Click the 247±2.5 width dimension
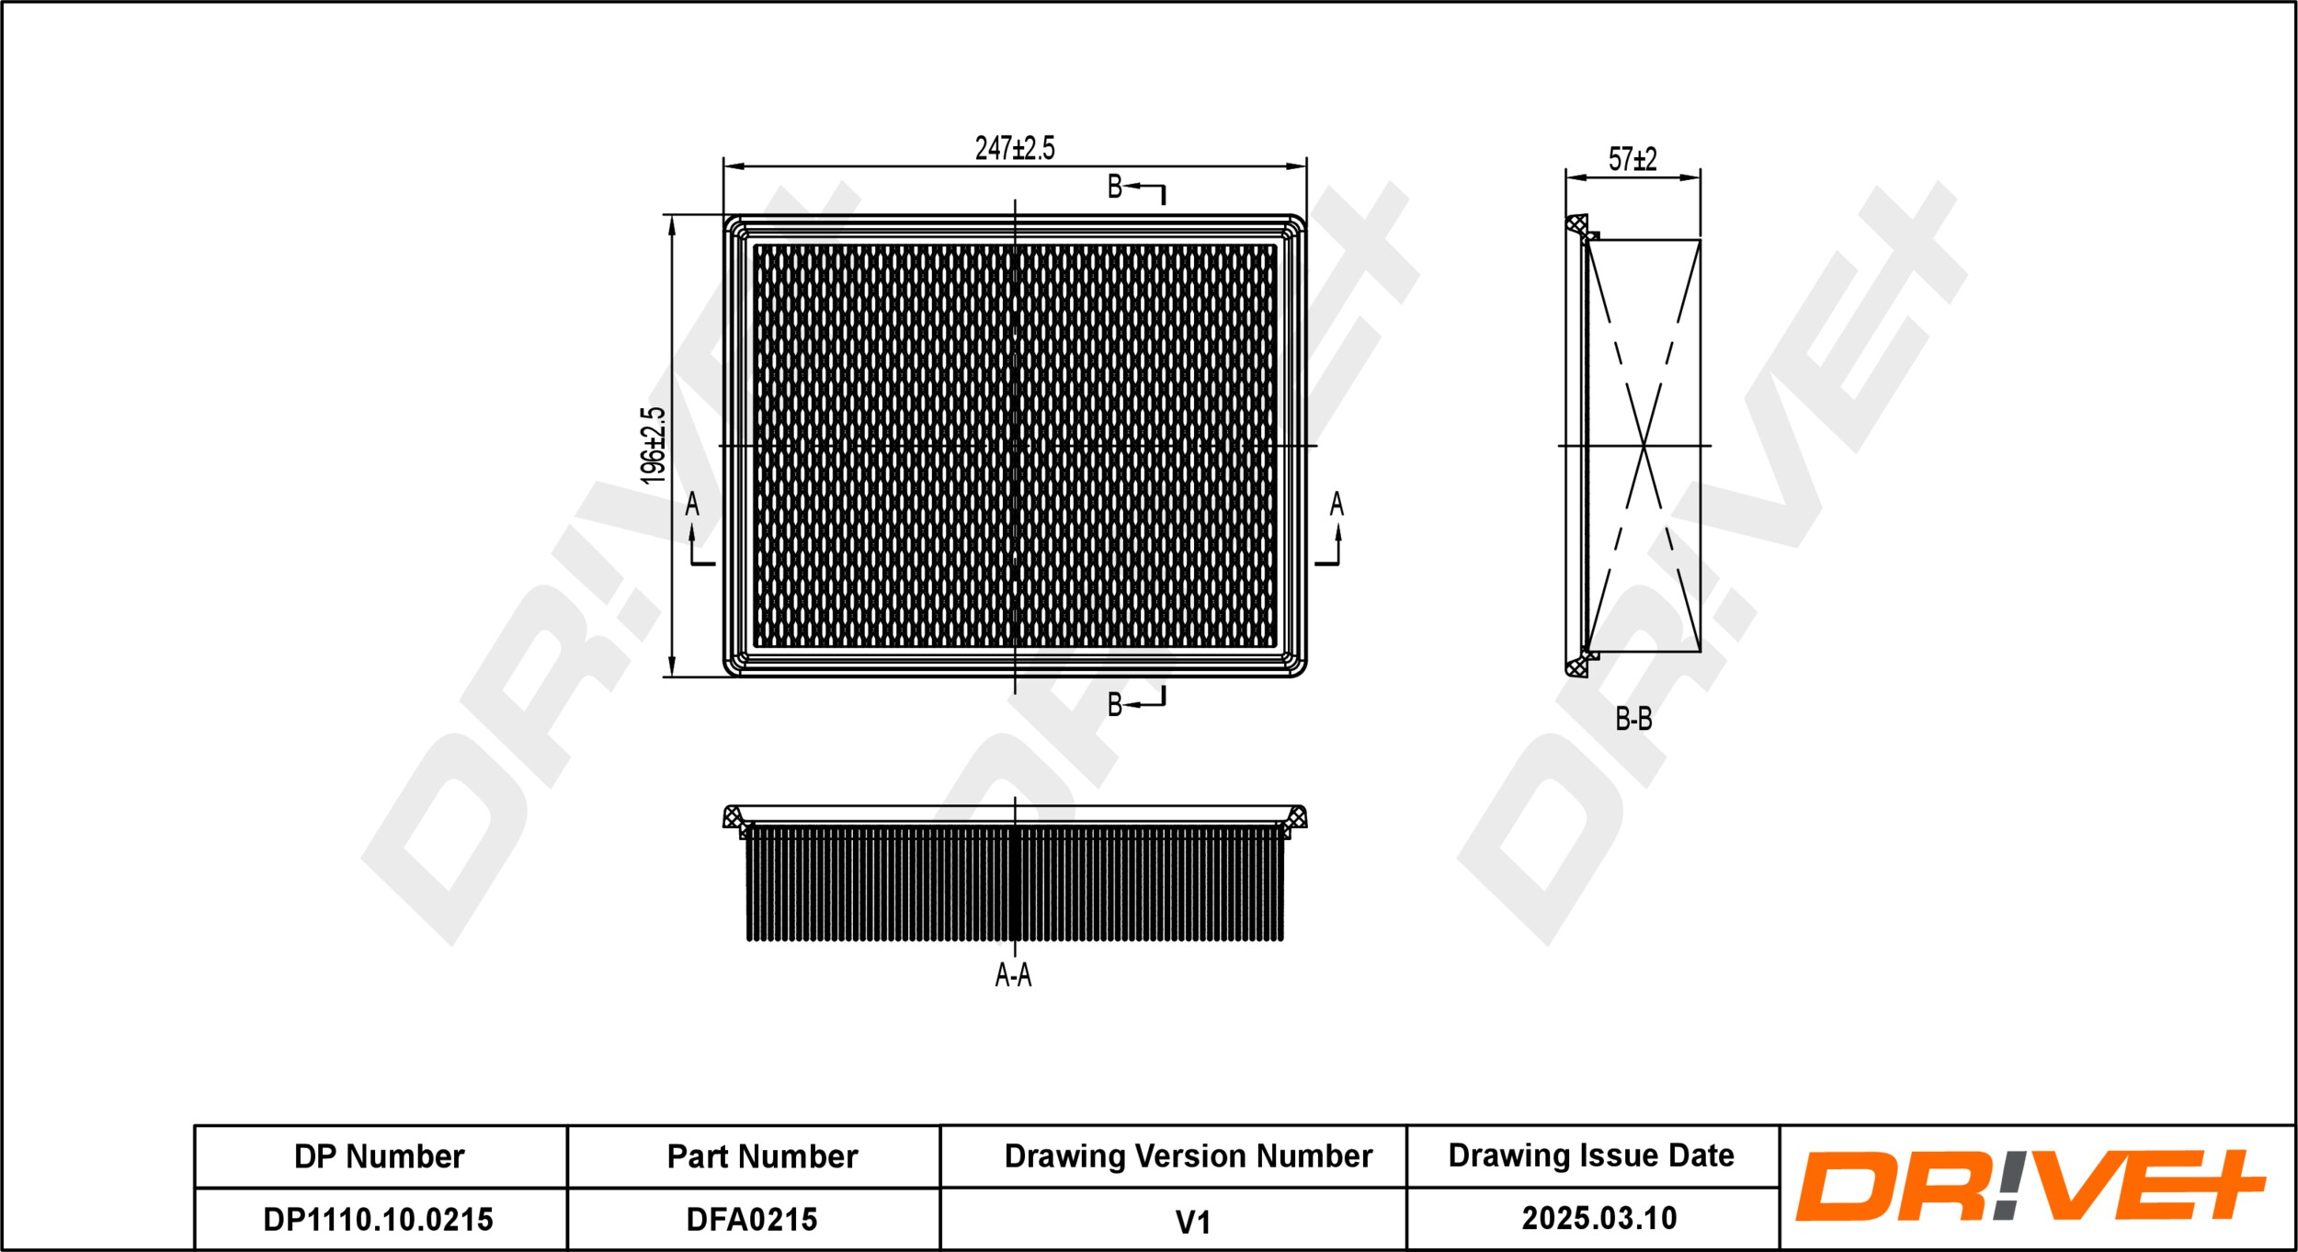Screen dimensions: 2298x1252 (x=1015, y=148)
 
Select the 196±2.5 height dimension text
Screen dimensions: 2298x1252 (x=653, y=446)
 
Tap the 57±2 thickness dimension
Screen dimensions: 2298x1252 (x=1632, y=159)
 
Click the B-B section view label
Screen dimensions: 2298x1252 (x=1633, y=719)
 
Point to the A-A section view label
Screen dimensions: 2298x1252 (x=1013, y=975)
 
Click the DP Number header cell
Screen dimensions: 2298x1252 (x=379, y=1156)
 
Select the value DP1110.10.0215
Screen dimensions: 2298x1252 (x=378, y=1220)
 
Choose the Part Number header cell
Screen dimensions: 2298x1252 (x=762, y=1156)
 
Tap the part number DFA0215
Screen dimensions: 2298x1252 (x=752, y=1220)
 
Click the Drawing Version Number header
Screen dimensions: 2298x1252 (x=1188, y=1156)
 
